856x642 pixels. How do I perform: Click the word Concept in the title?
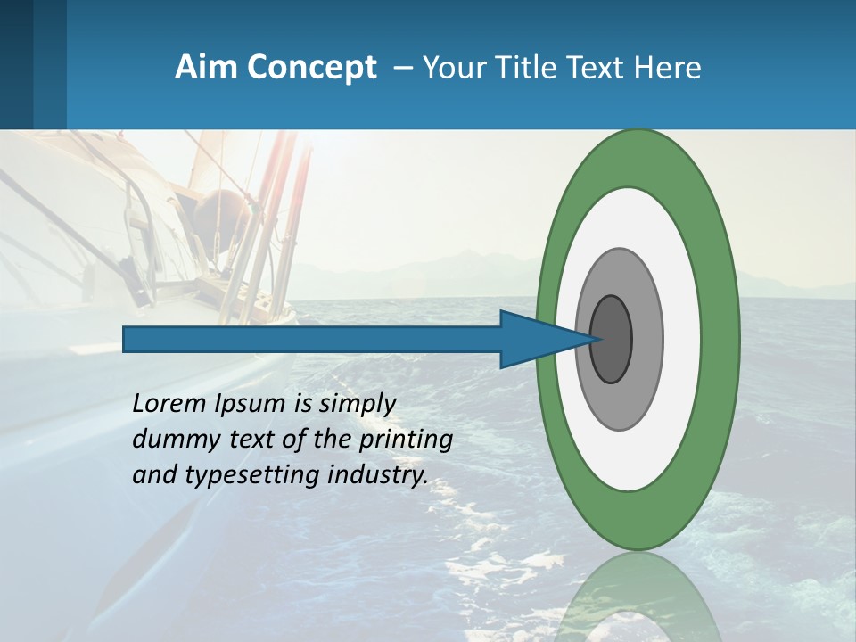click(314, 68)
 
